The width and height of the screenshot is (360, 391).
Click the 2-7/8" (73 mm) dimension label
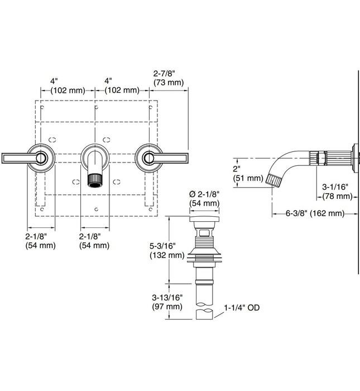169,78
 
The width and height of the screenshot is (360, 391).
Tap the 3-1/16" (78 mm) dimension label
336,192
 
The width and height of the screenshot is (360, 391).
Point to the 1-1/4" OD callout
241,308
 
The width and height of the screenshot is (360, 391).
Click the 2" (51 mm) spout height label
246,174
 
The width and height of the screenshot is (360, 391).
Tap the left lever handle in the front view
22,158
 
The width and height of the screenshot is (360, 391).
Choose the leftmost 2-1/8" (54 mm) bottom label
40,241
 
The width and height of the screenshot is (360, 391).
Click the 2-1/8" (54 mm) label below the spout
94,241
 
